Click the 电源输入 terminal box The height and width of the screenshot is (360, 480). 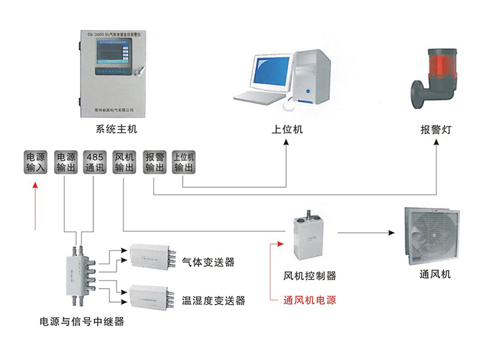37,162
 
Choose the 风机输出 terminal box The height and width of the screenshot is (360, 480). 125,162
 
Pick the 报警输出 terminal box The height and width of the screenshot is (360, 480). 154,162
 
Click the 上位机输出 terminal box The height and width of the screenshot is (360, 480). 183,162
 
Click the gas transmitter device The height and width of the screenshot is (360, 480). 153,257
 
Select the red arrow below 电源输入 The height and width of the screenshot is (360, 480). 36,208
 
